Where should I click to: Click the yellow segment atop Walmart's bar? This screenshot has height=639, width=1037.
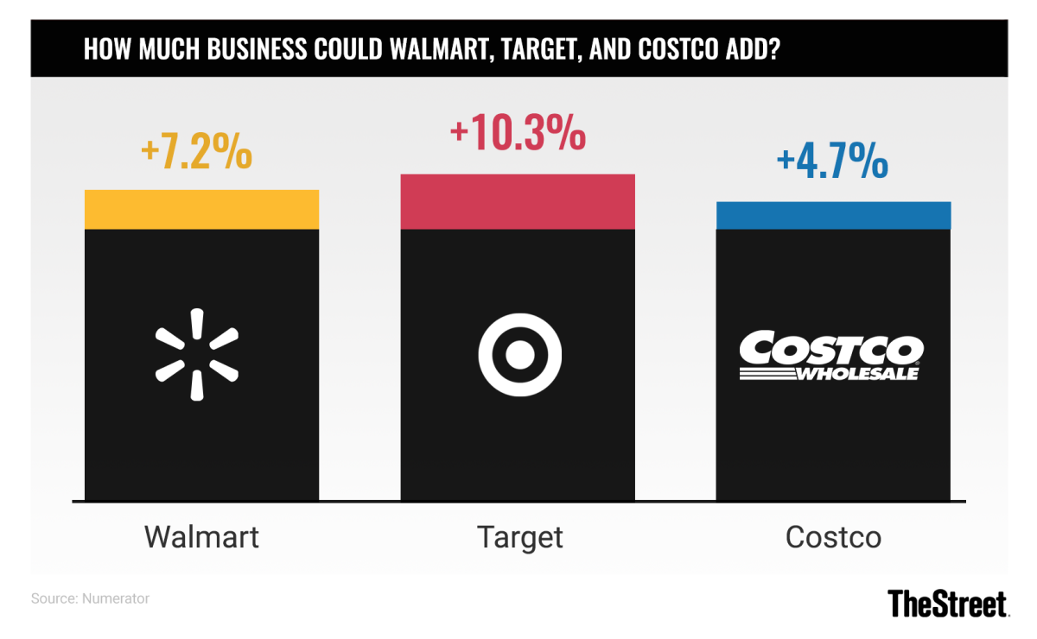pyautogui.click(x=201, y=209)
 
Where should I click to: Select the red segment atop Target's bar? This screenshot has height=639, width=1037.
pyautogui.click(x=518, y=201)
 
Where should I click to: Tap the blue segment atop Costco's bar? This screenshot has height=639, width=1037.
pyautogui.click(x=833, y=215)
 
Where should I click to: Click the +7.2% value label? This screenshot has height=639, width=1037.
pyautogui.click(x=197, y=154)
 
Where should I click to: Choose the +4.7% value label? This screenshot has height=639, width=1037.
pyautogui.click(x=832, y=162)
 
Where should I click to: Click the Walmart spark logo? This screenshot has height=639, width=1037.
pyautogui.click(x=197, y=355)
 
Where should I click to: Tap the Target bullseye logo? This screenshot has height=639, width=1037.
pyautogui.click(x=519, y=354)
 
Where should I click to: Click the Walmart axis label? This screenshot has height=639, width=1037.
pyautogui.click(x=201, y=537)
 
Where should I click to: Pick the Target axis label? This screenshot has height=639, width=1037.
pyautogui.click(x=519, y=537)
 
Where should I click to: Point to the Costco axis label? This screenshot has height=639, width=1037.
pyautogui.click(x=833, y=537)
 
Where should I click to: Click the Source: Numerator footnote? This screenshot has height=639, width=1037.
pyautogui.click(x=90, y=598)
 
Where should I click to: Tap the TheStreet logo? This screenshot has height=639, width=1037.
pyautogui.click(x=948, y=603)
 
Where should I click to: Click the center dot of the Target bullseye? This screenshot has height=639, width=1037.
pyautogui.click(x=519, y=354)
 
